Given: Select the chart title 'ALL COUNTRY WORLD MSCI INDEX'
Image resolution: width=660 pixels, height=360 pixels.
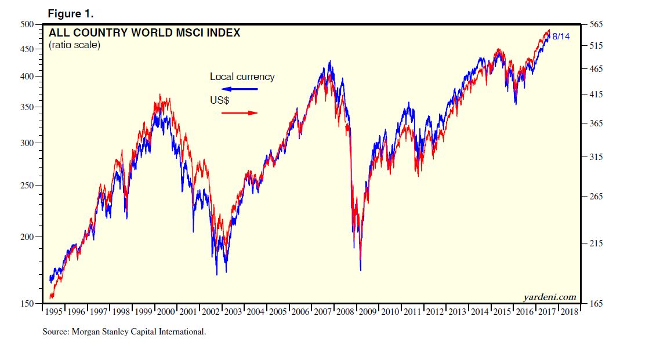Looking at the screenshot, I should [x=144, y=33].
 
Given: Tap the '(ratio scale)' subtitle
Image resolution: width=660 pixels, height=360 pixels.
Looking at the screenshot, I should [x=74, y=45].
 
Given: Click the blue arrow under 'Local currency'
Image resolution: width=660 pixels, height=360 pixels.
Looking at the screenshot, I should [x=240, y=89].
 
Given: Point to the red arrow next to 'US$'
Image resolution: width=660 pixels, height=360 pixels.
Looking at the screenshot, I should [x=240, y=112].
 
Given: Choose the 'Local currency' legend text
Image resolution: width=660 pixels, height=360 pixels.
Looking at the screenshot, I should [x=242, y=77].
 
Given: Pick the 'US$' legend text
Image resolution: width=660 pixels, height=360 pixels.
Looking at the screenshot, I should [x=219, y=100].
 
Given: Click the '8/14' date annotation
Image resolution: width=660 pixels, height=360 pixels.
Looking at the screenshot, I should [x=561, y=37].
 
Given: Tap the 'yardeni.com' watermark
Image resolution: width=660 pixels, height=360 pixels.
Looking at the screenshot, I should [x=550, y=297].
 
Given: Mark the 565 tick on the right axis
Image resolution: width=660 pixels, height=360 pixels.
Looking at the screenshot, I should [x=596, y=24].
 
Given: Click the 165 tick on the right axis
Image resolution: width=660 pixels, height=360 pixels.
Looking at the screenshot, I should [x=596, y=303].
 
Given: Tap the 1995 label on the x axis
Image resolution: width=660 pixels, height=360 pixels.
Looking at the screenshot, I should [x=54, y=311].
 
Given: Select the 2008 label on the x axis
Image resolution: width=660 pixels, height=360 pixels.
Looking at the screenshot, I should [x=346, y=311].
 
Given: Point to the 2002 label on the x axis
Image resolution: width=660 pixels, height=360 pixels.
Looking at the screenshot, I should [x=211, y=311].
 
